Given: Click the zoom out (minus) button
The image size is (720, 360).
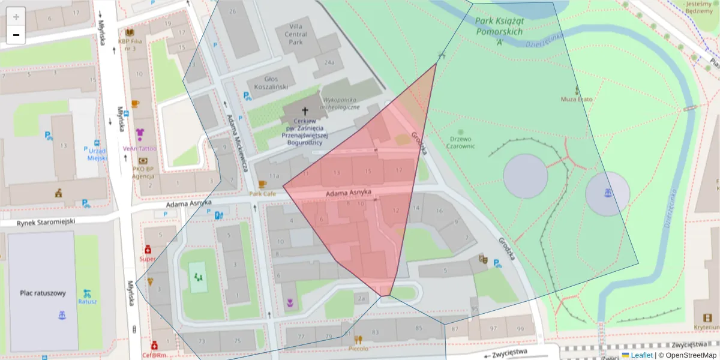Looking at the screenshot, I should click(16, 35).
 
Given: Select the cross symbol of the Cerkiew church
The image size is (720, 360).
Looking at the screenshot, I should click(304, 111).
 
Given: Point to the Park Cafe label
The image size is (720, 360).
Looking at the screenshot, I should click(262, 194).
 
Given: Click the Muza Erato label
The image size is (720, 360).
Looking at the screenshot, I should click(577, 99).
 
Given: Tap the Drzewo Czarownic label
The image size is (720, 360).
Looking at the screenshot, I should click(461, 142).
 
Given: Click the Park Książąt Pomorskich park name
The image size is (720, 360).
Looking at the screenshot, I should click(499, 31).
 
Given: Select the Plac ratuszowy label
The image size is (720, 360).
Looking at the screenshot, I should click(43, 293).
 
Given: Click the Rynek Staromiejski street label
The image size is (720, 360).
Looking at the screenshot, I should click(38, 221).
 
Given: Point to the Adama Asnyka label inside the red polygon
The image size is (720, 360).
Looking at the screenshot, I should click(349, 193).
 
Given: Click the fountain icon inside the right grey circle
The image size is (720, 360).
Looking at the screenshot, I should click(607, 193).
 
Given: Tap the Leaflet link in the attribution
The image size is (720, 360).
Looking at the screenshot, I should click(641, 355).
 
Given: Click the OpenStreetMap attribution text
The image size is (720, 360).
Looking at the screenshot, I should click(688, 355).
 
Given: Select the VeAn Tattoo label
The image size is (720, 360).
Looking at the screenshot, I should click(139, 148).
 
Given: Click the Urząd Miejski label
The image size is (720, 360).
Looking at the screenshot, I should click(97, 154).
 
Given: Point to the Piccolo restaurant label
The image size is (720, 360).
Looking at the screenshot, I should click(358, 348).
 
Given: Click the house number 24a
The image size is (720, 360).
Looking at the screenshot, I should click(329, 62).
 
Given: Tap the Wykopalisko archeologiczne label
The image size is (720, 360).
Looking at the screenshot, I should click(341, 103).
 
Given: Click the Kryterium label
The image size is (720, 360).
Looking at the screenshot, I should click(706, 328).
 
